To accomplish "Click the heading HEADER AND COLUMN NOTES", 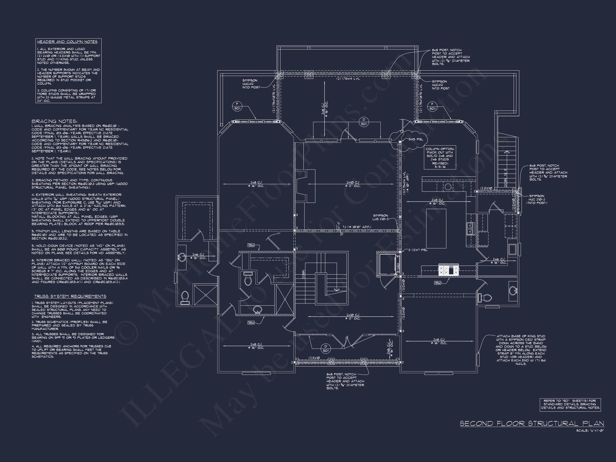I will pos(67,42).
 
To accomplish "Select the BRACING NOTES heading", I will pos(54,121).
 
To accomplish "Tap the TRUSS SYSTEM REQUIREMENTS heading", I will pos(70,296).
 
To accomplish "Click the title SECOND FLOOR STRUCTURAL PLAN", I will pos(532,423).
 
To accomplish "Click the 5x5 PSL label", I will pos(416,139).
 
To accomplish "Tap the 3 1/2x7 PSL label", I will pos(418,250).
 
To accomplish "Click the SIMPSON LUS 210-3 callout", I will pos(380,217).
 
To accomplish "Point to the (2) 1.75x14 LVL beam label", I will pos(348,79).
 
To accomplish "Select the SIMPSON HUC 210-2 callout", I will pos(536,199).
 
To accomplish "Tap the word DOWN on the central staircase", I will pos(303,274).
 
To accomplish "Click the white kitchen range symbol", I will pos(449,270).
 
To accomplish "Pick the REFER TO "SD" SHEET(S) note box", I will pos(570,404).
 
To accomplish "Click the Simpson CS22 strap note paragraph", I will pos(521,350).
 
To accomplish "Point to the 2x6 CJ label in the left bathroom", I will pos(198,256).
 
